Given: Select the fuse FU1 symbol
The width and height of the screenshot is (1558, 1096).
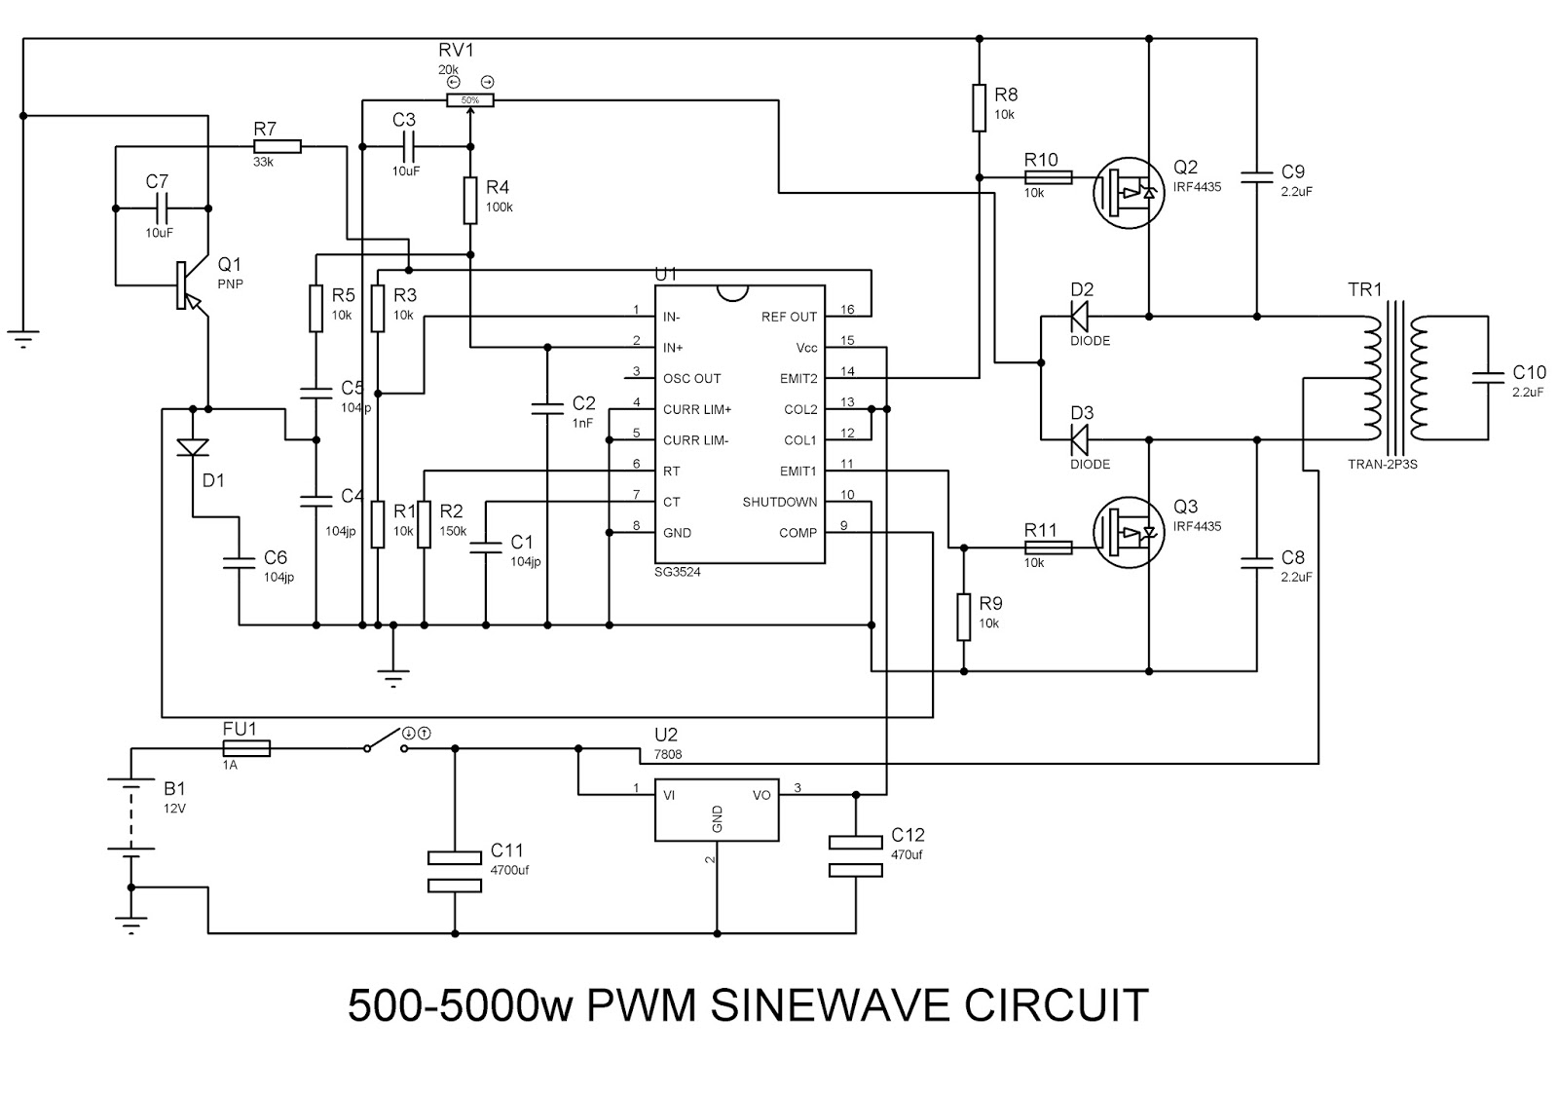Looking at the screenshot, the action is point(246,749).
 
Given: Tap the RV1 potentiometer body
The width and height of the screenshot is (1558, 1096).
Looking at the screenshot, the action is point(470,100).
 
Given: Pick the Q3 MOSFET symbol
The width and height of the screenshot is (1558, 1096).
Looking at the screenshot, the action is point(1129,532).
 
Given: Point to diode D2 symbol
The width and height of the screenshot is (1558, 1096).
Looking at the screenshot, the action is point(1080,317).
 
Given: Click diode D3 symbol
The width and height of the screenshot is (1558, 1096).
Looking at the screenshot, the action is point(1080,439).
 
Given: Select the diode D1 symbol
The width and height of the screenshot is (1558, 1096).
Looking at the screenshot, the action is point(193,447).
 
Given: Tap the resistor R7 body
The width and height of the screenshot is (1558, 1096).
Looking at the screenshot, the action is point(277,146).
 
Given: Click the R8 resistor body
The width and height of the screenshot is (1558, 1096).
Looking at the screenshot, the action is point(980,108).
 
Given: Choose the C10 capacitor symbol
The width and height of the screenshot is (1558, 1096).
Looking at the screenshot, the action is point(1489,378).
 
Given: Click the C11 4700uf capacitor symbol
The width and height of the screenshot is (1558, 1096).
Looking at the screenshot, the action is point(455,871).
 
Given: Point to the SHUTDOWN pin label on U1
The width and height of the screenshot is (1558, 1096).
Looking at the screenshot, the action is point(780,502).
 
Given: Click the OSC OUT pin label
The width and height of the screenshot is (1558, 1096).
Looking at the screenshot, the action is point(692,379).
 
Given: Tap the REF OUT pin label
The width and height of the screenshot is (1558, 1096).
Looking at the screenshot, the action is point(789,317).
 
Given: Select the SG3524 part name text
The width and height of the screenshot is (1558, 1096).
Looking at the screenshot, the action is point(678,572).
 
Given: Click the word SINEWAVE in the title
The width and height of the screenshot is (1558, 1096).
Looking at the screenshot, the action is point(830,1004).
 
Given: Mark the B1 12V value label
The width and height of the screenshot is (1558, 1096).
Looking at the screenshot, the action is point(174,809).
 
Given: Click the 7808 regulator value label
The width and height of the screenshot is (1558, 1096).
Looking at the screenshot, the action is point(668,754).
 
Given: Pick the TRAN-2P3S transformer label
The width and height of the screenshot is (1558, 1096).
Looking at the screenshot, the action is point(1382,464).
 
